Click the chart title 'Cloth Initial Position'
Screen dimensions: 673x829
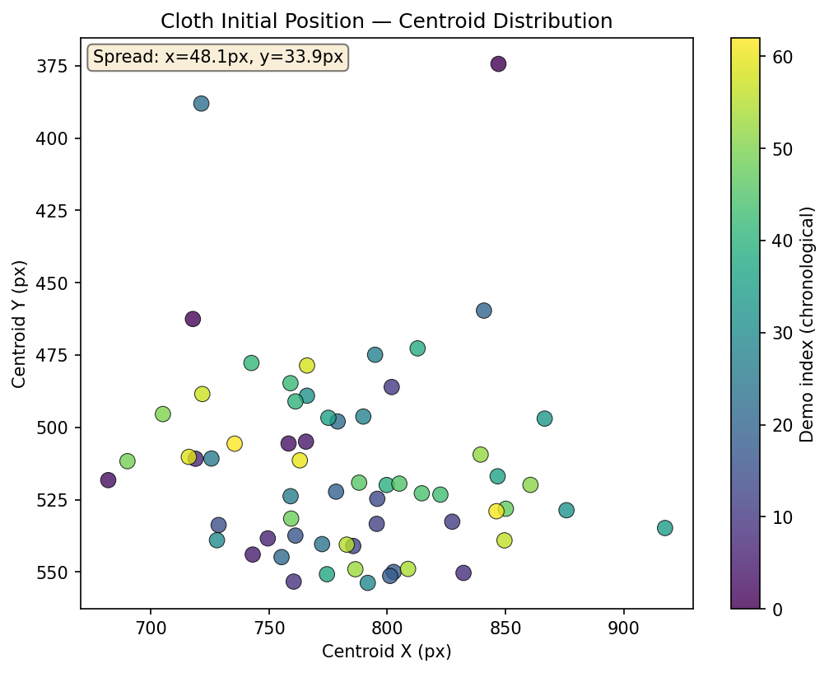[386, 21]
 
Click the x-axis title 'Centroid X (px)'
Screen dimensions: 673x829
[386, 652]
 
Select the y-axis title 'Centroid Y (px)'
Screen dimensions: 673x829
[19, 325]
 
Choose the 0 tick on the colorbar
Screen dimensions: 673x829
[777, 609]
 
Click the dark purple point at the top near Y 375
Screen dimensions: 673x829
[498, 64]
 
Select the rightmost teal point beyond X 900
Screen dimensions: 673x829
[665, 528]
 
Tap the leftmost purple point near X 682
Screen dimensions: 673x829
[108, 480]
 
